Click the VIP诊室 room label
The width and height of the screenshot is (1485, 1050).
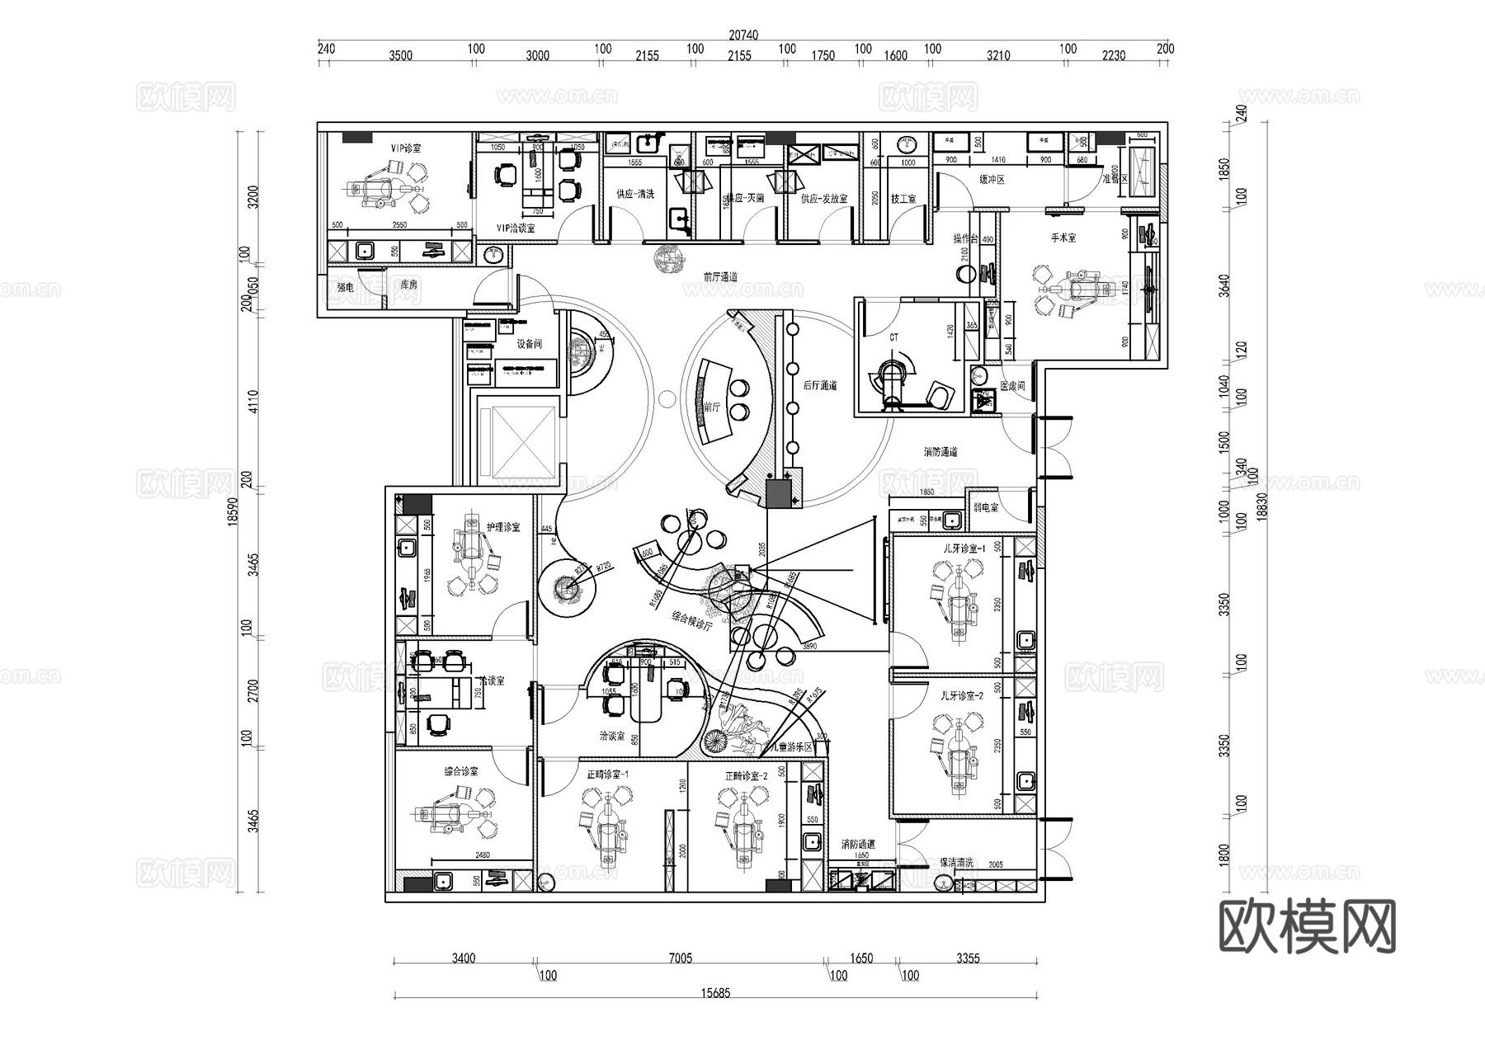click(x=406, y=148)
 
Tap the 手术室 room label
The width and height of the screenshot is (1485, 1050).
click(x=1063, y=238)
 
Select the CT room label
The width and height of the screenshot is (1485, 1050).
click(x=894, y=338)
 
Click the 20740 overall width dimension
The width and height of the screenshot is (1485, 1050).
click(x=742, y=35)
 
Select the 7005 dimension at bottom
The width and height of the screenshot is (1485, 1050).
click(x=680, y=958)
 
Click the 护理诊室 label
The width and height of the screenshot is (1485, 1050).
click(x=503, y=527)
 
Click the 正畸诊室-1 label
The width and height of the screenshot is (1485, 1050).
click(x=608, y=775)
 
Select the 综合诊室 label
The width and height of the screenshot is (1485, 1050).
click(x=461, y=772)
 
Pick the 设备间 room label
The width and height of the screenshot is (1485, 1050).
click(x=529, y=344)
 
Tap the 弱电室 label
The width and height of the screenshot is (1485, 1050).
click(x=985, y=508)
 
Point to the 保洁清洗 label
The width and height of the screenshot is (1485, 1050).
click(x=956, y=863)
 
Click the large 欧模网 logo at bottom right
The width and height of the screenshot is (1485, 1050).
click(x=1307, y=927)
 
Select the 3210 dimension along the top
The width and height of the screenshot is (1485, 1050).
click(x=997, y=56)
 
